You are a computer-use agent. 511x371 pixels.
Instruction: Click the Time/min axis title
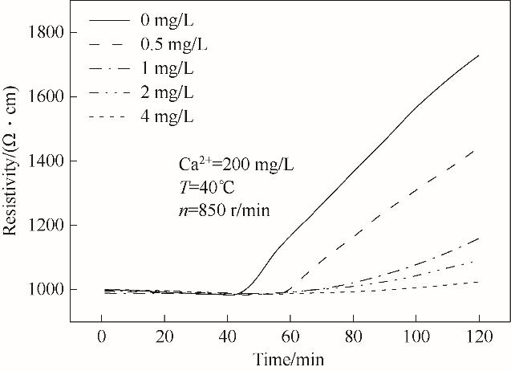click(290, 357)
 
